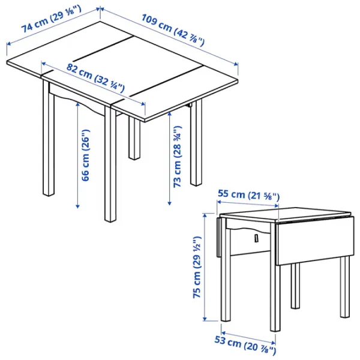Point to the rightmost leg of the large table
[x=197, y=144]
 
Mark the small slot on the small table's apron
[x=255, y=239]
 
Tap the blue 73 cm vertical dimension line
[x=170, y=162]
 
